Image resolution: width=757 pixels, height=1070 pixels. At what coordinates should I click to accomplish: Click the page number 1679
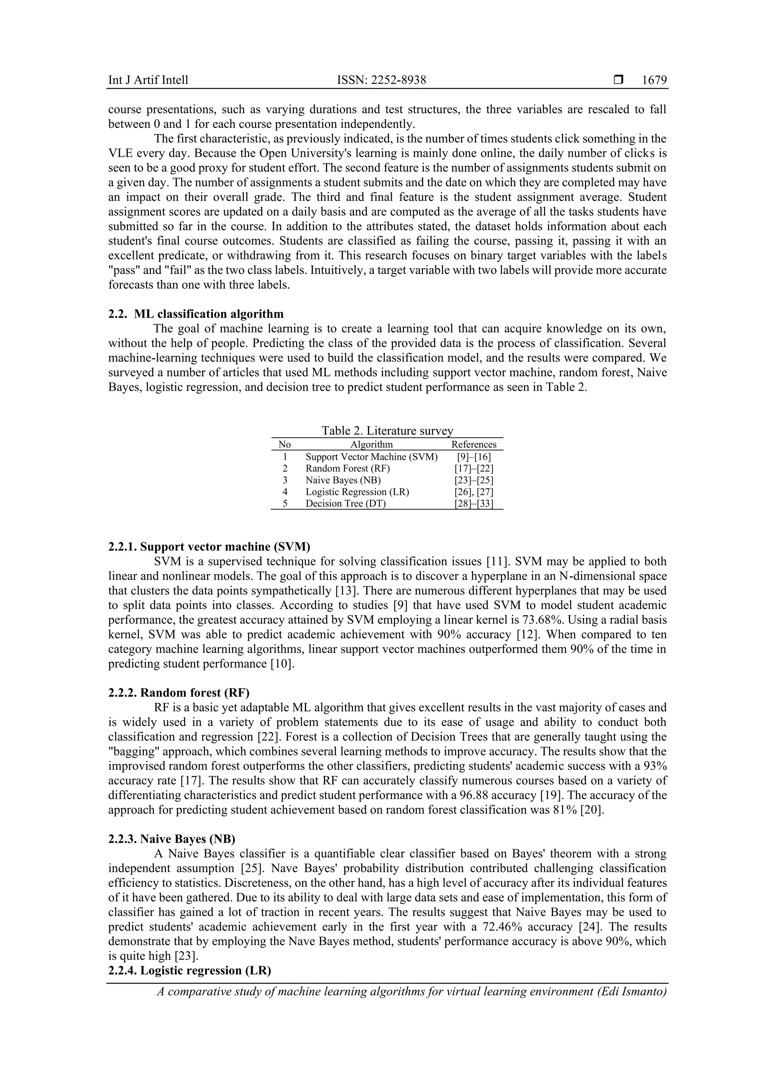pos(654,80)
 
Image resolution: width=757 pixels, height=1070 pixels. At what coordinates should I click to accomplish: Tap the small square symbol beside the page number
pos(618,80)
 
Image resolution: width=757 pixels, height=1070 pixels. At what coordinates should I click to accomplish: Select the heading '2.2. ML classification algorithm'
pos(196,314)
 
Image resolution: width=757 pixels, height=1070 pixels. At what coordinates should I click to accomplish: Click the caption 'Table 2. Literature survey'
pos(387,431)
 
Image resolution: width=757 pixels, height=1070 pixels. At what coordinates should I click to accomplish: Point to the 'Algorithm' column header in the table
pos(372,445)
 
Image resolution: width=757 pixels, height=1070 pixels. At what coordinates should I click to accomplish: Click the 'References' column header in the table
pos(474,445)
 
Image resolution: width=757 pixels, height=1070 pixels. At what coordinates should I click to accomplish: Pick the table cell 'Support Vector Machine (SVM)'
pos(372,457)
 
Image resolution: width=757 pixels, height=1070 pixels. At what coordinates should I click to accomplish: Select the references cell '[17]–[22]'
pos(474,468)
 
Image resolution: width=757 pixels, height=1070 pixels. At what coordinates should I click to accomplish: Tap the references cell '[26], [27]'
pos(474,492)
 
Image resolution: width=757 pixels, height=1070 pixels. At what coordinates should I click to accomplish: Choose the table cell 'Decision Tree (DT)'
pos(346,503)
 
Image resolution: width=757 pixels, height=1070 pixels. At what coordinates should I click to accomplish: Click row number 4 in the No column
pos(285,492)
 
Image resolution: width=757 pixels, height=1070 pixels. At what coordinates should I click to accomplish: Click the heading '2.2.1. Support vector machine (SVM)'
pos(209,547)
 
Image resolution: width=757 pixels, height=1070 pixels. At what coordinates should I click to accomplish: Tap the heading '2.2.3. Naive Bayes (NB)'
pos(172,839)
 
